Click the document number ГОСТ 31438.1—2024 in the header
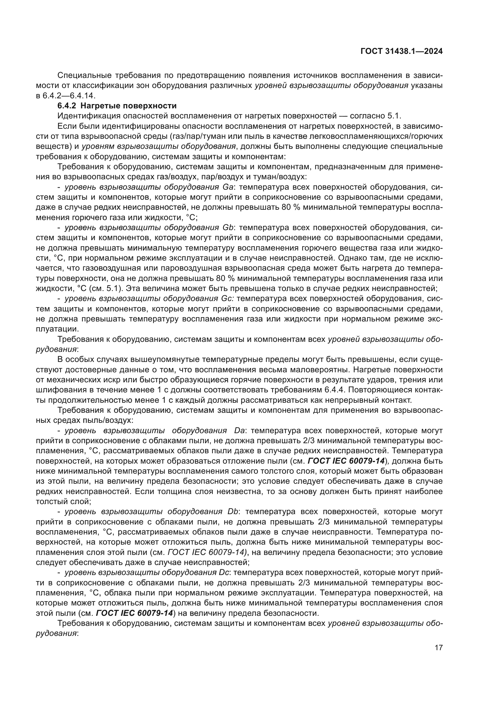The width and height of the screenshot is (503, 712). [x=401, y=51]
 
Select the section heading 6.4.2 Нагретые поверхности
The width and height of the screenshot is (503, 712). [x=117, y=106]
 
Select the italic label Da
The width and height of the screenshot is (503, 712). [x=239, y=430]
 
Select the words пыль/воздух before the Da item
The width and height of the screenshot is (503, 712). [x=106, y=420]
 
